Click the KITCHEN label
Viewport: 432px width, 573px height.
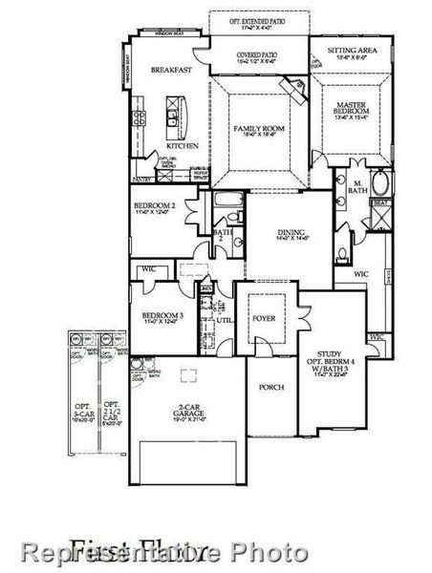(184, 146)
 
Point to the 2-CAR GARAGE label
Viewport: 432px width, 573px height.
(190, 413)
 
